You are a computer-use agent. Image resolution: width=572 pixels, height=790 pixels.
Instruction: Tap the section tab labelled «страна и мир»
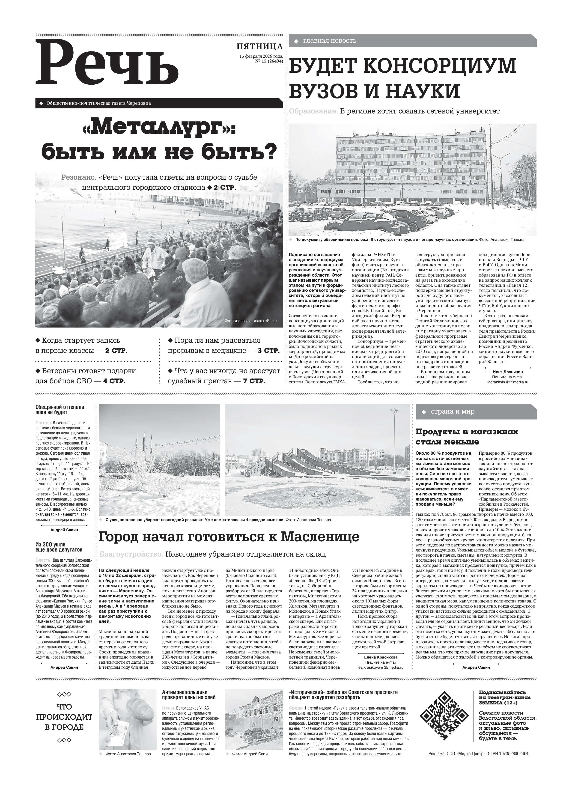click(x=453, y=412)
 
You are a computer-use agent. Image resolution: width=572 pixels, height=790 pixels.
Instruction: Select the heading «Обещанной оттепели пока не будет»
click(x=60, y=410)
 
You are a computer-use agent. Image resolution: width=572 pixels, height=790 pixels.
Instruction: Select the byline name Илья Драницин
click(x=508, y=372)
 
